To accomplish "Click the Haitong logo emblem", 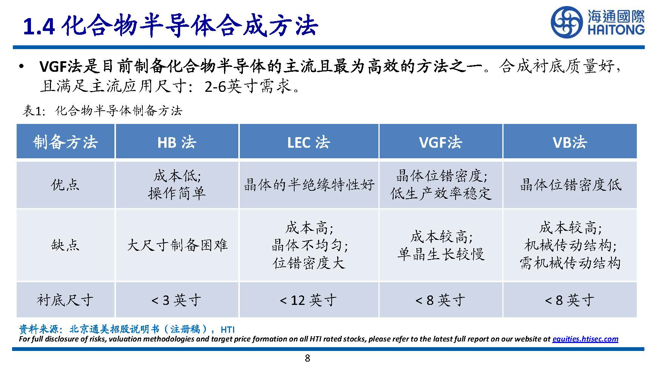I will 567,23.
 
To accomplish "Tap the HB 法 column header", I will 177,142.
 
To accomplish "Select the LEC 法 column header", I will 308,142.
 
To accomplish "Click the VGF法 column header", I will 440,142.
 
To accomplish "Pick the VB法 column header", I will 570,142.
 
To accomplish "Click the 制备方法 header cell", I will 65,142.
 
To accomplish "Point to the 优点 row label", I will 65,185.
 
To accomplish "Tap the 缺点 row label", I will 65,245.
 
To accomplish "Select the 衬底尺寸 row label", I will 65,300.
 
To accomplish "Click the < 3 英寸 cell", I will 176,300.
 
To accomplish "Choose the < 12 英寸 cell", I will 308,300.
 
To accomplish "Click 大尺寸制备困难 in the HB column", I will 177,245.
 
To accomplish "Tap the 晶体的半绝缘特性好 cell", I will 309,185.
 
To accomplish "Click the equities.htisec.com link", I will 585,339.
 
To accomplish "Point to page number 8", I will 307,358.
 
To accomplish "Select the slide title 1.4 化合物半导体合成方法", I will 170,26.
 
